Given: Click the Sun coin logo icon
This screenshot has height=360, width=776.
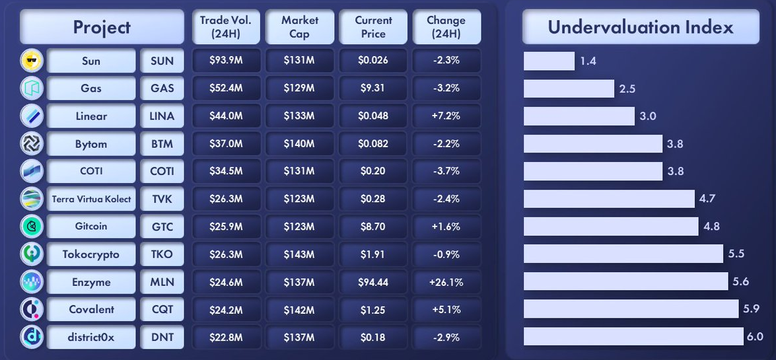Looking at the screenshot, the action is pyautogui.click(x=32, y=61).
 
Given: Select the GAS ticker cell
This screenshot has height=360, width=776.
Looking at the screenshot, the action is pyautogui.click(x=162, y=89).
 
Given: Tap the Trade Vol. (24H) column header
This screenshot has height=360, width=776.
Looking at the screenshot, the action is pyautogui.click(x=226, y=27).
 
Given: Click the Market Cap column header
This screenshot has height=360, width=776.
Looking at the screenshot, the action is pyautogui.click(x=299, y=27).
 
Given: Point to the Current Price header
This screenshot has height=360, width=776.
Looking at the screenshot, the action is pyautogui.click(x=373, y=27).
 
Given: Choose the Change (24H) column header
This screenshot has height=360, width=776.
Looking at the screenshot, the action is pyautogui.click(x=446, y=27).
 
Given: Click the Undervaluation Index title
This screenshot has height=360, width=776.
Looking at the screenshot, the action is pyautogui.click(x=641, y=27).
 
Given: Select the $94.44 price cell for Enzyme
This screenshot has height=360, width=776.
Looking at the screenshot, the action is pyautogui.click(x=373, y=282).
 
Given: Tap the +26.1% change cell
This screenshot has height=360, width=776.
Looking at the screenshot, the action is pyautogui.click(x=446, y=282).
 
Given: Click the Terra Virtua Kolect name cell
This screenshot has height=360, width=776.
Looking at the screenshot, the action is pyautogui.click(x=91, y=199).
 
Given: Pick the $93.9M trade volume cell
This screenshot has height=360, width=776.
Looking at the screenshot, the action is pyautogui.click(x=226, y=61).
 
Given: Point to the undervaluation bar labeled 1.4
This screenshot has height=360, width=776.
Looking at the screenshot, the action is pyautogui.click(x=549, y=61).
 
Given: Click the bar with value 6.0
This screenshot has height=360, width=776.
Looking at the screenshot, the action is pyautogui.click(x=633, y=336).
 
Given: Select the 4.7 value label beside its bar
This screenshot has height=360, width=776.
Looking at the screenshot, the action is pyautogui.click(x=708, y=199).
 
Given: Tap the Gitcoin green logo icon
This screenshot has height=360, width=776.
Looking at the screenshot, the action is pyautogui.click(x=32, y=227).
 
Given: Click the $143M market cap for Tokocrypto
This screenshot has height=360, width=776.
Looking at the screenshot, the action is pyautogui.click(x=299, y=254).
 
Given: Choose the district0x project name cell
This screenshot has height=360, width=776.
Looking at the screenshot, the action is pyautogui.click(x=91, y=338).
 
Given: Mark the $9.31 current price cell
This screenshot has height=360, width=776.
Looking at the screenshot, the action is pyautogui.click(x=373, y=89).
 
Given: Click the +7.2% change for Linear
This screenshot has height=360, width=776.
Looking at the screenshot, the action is pyautogui.click(x=446, y=116).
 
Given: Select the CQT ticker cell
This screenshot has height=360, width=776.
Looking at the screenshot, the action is pyautogui.click(x=162, y=310).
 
